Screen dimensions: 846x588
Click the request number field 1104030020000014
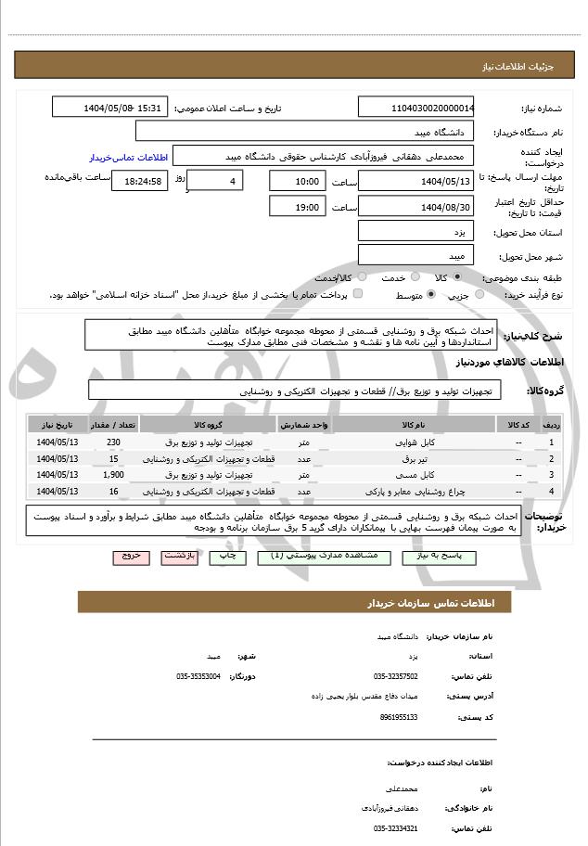pos(415,109)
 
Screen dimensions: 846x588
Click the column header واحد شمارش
pos(304,425)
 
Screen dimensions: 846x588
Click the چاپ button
pos(224,556)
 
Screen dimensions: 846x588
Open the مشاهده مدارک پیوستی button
pos(318,556)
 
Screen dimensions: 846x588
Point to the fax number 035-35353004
pos(198,677)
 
